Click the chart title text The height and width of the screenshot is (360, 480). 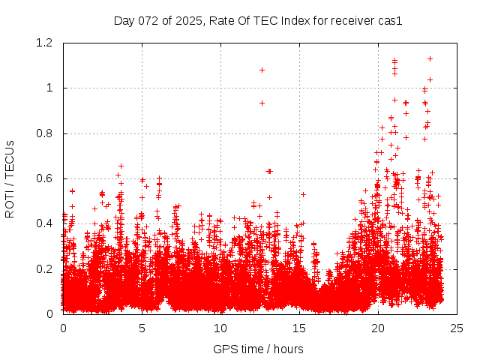(258, 21)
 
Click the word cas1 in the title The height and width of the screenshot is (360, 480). (390, 21)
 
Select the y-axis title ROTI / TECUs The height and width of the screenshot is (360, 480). (10, 178)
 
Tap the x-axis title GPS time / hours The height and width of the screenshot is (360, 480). (258, 349)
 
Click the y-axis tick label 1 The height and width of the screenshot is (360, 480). (52, 88)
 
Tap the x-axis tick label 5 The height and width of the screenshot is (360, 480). (142, 328)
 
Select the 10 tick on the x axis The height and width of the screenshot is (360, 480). (220, 328)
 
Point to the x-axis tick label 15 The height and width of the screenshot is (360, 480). (299, 328)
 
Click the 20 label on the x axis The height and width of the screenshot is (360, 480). (378, 328)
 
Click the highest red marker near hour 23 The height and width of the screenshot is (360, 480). (430, 58)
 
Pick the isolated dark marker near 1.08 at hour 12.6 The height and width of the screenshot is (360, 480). (262, 70)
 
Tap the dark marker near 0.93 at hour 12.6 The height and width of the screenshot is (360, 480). (262, 103)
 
